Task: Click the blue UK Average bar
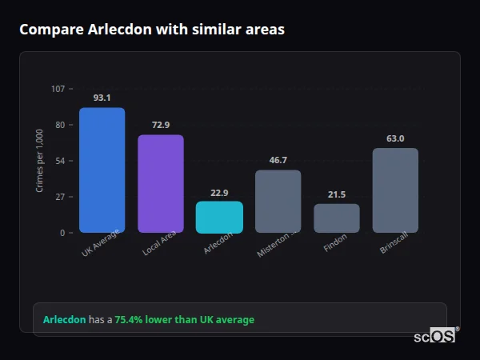click(102, 170)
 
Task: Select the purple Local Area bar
click(160, 183)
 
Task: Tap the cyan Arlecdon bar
click(219, 217)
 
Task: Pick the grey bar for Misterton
click(278, 201)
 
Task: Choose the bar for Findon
click(336, 218)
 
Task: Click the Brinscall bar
click(395, 190)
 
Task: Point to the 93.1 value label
click(102, 98)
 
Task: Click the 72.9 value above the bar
click(161, 125)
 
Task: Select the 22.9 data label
click(219, 192)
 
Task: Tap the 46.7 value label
click(278, 160)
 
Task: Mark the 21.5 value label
click(337, 194)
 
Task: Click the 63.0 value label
click(395, 138)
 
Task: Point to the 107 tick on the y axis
click(58, 88)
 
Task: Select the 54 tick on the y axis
click(60, 161)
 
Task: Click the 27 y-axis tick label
click(60, 197)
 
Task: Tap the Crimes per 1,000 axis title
click(39, 161)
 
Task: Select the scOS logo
click(434, 336)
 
